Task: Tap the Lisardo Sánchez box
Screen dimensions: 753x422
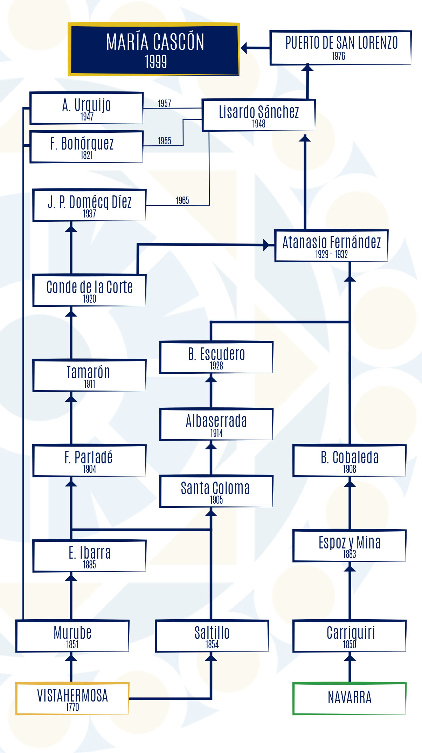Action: point(259,115)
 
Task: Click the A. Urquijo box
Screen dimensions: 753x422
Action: point(87,108)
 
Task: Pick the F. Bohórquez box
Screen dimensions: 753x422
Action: point(87,147)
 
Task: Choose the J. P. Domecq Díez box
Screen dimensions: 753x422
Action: point(89,205)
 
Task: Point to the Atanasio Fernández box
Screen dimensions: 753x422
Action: point(331,246)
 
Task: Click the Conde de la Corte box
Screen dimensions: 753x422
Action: point(89,290)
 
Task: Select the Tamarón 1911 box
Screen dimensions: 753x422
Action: point(89,375)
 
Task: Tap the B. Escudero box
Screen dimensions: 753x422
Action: point(216,357)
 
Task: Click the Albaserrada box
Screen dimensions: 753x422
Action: point(216,424)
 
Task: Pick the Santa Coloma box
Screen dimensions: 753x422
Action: point(216,491)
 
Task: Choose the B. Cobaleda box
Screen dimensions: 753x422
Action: point(349,461)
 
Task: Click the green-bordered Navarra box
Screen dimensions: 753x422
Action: point(349,698)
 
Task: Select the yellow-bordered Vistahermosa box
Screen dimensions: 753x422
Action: point(72,698)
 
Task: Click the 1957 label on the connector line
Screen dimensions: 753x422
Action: point(164,104)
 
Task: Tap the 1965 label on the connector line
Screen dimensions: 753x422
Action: point(182,201)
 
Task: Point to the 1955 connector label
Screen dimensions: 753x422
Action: point(164,141)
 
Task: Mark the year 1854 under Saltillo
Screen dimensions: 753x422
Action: point(212,644)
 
